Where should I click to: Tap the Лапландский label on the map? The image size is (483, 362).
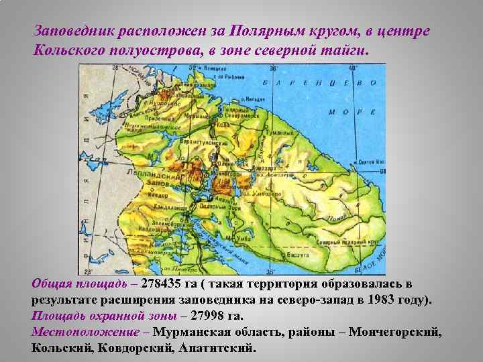pyautogui.click(x=155, y=176)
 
